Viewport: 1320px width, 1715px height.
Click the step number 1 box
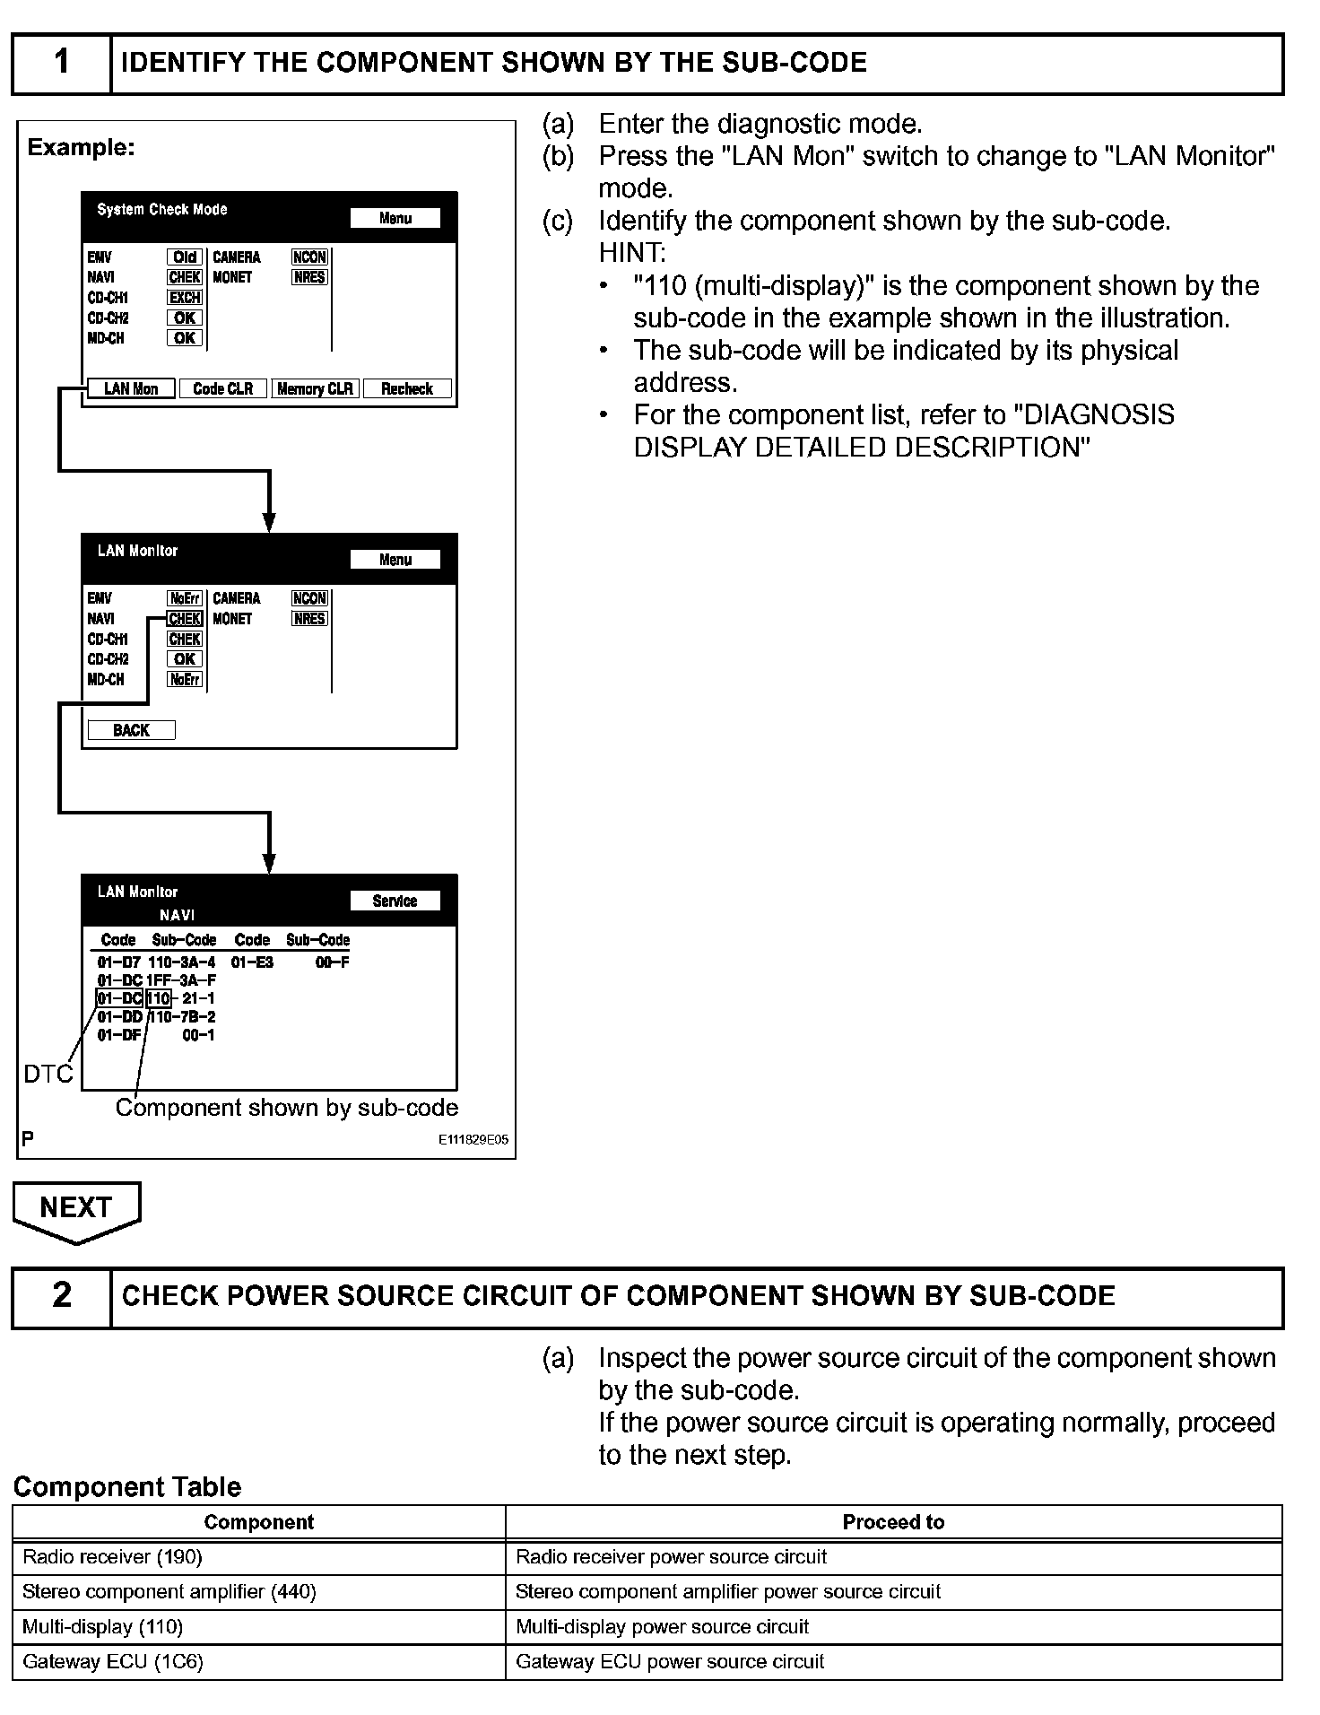[61, 63]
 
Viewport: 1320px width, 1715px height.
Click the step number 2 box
[61, 1296]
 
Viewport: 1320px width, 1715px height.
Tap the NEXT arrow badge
[76, 1209]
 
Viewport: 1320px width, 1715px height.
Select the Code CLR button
[223, 388]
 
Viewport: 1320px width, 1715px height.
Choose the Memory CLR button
[315, 388]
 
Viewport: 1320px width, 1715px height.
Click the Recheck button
[407, 388]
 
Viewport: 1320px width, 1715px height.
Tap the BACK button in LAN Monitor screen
[131, 730]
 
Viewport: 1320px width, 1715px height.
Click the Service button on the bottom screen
[395, 901]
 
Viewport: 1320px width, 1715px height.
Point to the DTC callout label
[48, 1074]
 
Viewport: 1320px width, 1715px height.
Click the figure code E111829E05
[473, 1139]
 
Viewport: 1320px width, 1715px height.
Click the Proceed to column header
[893, 1521]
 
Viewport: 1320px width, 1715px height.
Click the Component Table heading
[127, 1486]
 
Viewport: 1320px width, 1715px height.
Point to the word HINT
[631, 253]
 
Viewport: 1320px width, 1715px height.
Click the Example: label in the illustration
[81, 147]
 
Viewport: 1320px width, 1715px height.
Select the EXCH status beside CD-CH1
[185, 297]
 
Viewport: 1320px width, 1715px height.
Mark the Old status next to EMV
[185, 257]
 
